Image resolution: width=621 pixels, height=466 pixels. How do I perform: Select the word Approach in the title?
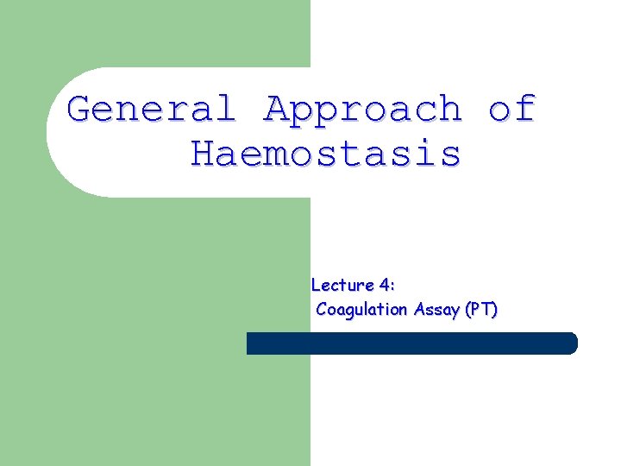(363, 110)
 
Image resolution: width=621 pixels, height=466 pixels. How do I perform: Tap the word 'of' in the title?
(511, 110)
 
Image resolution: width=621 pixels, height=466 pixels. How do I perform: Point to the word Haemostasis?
(326, 154)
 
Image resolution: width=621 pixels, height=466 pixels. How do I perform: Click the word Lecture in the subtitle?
(342, 285)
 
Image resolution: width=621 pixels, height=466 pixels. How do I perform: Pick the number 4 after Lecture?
(384, 285)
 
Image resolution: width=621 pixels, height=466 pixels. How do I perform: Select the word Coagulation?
(361, 310)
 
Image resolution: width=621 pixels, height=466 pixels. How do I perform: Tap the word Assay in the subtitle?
(436, 310)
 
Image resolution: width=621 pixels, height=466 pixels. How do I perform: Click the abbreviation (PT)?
(480, 310)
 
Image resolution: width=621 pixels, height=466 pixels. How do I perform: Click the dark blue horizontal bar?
(411, 343)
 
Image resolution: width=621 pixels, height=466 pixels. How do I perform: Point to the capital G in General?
(80, 110)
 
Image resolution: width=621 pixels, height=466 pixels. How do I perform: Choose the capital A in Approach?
(278, 110)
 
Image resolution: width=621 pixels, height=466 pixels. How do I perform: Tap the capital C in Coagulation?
(322, 310)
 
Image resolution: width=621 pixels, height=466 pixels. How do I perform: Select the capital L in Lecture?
(316, 285)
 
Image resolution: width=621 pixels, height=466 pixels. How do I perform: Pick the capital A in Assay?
(418, 310)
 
